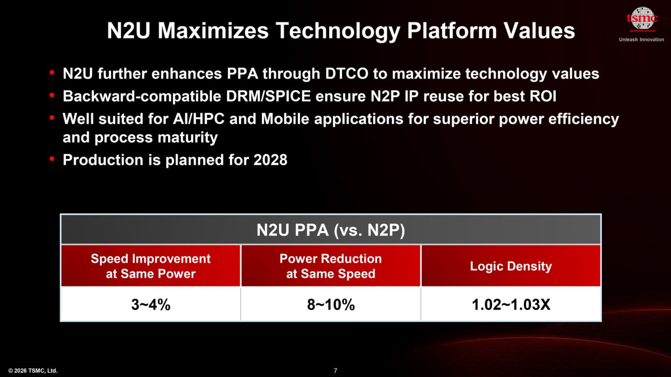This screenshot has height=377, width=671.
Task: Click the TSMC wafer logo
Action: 642,18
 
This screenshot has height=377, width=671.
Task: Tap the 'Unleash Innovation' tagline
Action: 641,39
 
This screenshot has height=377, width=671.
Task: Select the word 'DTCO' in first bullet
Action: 346,74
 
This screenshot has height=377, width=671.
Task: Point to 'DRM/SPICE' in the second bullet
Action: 268,96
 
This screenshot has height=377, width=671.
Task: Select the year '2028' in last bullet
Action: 270,160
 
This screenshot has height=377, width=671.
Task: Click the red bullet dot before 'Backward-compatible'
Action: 52,96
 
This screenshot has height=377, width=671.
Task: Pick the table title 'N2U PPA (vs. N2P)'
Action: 330,230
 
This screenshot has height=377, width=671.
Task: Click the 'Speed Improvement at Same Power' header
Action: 151,266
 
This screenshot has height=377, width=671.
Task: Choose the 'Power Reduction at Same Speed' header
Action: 330,266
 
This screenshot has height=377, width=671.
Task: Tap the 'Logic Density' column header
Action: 510,266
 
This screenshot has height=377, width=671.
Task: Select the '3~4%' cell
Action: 151,305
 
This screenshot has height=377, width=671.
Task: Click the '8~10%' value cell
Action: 330,305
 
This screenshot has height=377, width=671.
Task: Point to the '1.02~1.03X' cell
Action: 510,305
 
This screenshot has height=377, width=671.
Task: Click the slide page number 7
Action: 335,371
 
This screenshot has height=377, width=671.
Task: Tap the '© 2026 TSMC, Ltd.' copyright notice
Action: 33,371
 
